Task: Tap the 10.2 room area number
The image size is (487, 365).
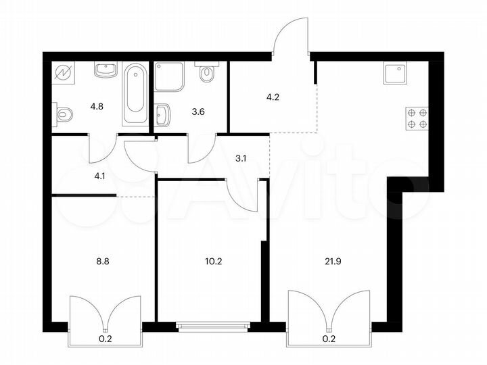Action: (x=212, y=258)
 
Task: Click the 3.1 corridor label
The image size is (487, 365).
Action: (x=239, y=160)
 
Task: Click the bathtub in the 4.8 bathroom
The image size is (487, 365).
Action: (x=135, y=95)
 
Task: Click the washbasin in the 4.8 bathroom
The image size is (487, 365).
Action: (x=103, y=70)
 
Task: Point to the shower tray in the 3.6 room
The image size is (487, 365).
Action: (x=168, y=78)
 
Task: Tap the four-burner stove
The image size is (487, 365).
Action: (x=417, y=118)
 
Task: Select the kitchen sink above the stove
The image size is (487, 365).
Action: (x=394, y=73)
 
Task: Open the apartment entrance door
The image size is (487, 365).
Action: (x=291, y=37)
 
